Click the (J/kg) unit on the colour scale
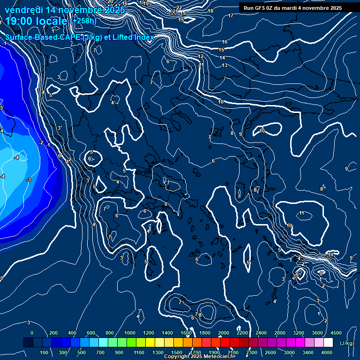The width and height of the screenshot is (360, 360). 346,343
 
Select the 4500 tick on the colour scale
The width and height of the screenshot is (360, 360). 336,332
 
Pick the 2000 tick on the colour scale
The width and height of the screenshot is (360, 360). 223,332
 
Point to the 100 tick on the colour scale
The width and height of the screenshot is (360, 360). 45,352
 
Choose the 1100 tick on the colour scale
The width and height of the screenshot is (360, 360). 139,352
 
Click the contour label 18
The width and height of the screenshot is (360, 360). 210,11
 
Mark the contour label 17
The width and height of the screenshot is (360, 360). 230,16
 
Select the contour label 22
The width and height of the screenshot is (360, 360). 179,7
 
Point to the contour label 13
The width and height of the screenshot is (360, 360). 225,65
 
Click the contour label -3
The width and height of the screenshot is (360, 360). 29,180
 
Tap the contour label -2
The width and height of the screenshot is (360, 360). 41,142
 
